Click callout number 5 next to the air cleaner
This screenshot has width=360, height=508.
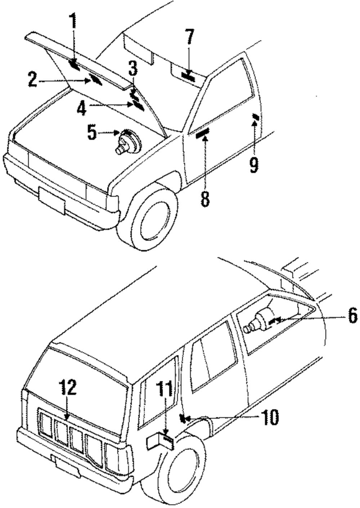point(92,133)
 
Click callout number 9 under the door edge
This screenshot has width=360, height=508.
point(254,165)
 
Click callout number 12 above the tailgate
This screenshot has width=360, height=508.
point(68,387)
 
